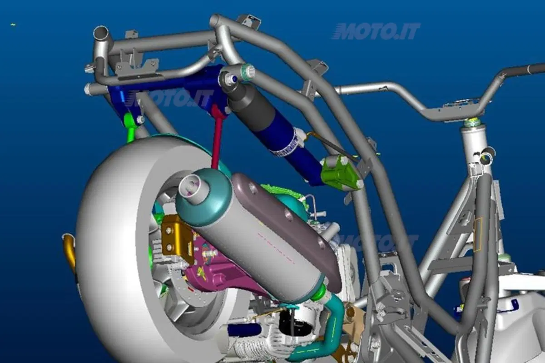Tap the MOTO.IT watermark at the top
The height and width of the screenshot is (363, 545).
point(376,31)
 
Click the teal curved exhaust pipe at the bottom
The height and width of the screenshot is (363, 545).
point(323,328)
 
